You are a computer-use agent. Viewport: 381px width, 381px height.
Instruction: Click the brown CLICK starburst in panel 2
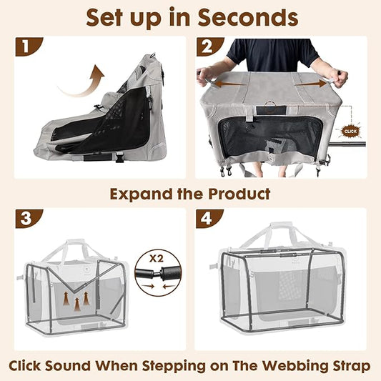(x=350, y=132)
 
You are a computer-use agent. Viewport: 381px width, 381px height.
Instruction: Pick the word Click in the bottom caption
(x=32, y=366)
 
